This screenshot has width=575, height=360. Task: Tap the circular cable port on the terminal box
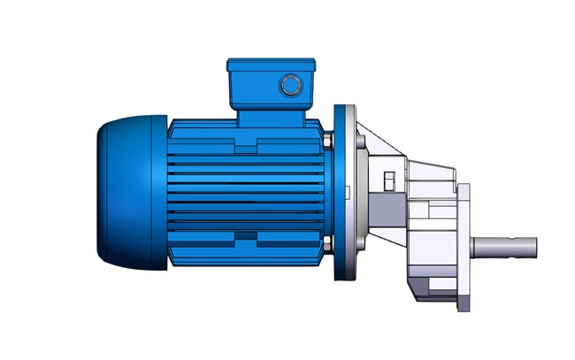point(289,85)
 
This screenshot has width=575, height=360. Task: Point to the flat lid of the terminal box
point(270,64)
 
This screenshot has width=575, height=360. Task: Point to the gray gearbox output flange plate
point(463,248)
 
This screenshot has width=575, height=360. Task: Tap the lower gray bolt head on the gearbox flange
point(357,249)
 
